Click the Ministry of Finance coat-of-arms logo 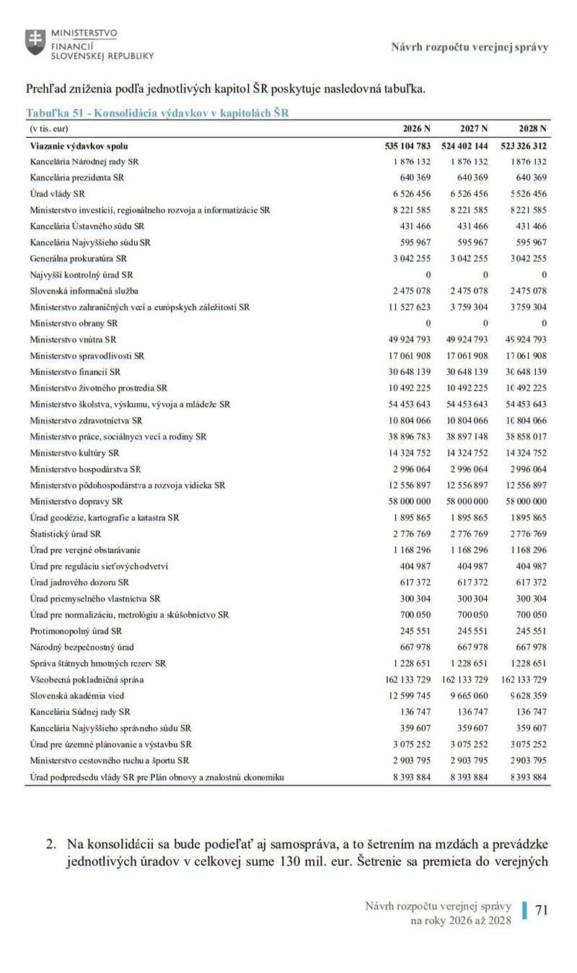pyautogui.click(x=34, y=41)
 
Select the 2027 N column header pyautogui.click(x=474, y=129)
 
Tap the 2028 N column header pyautogui.click(x=533, y=129)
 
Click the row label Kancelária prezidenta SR pyautogui.click(x=77, y=177)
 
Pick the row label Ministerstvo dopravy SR pyautogui.click(x=76, y=501)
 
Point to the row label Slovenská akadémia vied pyautogui.click(x=77, y=695)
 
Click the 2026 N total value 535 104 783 pyautogui.click(x=408, y=146)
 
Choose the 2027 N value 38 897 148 pyautogui.click(x=467, y=436)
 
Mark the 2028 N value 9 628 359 pyautogui.click(x=526, y=695)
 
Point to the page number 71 pyautogui.click(x=542, y=910)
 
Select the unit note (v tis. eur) pyautogui.click(x=49, y=129)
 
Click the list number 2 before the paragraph pyautogui.click(x=50, y=843)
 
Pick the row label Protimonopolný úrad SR pyautogui.click(x=76, y=630)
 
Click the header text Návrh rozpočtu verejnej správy pyautogui.click(x=470, y=47)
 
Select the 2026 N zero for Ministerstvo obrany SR pyautogui.click(x=428, y=323)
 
